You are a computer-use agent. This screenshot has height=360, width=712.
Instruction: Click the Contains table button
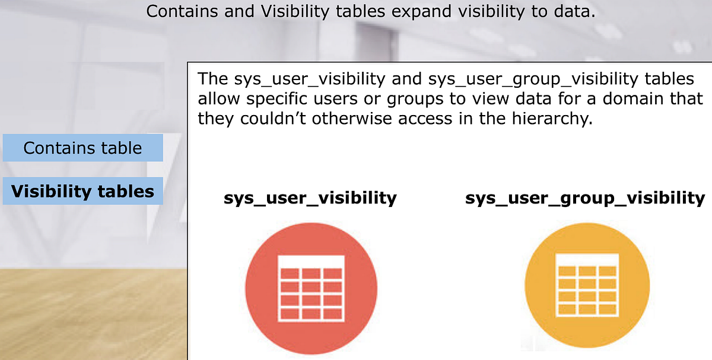[82, 148]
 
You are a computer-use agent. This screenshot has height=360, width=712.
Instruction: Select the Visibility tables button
[82, 192]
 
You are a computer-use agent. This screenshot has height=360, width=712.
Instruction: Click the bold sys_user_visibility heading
[310, 197]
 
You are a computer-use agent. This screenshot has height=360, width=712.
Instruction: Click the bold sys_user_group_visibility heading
[585, 197]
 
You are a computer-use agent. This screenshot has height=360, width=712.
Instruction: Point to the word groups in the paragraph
[408, 98]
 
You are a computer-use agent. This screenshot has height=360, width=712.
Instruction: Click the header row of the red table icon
[311, 261]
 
